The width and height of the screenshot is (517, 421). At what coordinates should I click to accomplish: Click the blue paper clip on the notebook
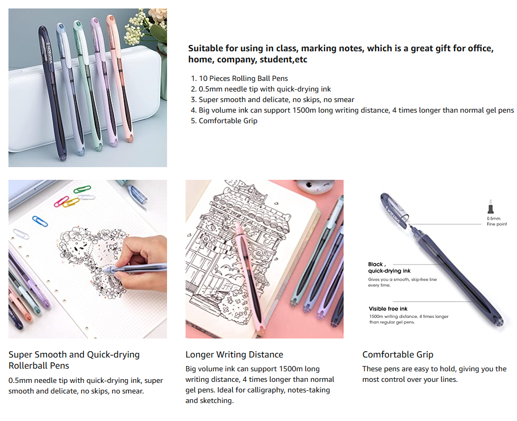[x=40, y=221]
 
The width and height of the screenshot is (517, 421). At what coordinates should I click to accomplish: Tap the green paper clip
[x=82, y=189]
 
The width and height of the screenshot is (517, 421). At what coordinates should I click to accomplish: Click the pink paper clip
[x=61, y=202]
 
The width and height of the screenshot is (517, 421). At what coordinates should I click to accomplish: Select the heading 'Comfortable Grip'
[x=398, y=354]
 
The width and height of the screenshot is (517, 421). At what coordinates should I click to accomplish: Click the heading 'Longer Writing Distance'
[x=234, y=354]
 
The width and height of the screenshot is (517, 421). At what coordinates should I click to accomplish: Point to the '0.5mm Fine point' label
[x=496, y=221]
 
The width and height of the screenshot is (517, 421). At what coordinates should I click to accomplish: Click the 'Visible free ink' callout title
[x=388, y=309]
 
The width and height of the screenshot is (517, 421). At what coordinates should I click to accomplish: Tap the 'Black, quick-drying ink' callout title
[x=389, y=268]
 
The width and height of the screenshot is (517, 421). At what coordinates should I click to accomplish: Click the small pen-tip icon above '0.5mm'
[x=491, y=207]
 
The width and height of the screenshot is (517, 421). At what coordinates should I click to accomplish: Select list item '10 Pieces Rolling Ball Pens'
[x=243, y=78]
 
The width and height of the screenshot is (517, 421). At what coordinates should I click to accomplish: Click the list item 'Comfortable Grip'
[x=228, y=121]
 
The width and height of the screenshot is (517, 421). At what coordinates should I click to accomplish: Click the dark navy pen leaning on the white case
[x=52, y=93]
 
